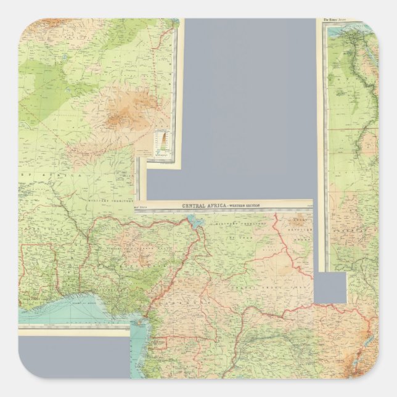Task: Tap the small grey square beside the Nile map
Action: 332,287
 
